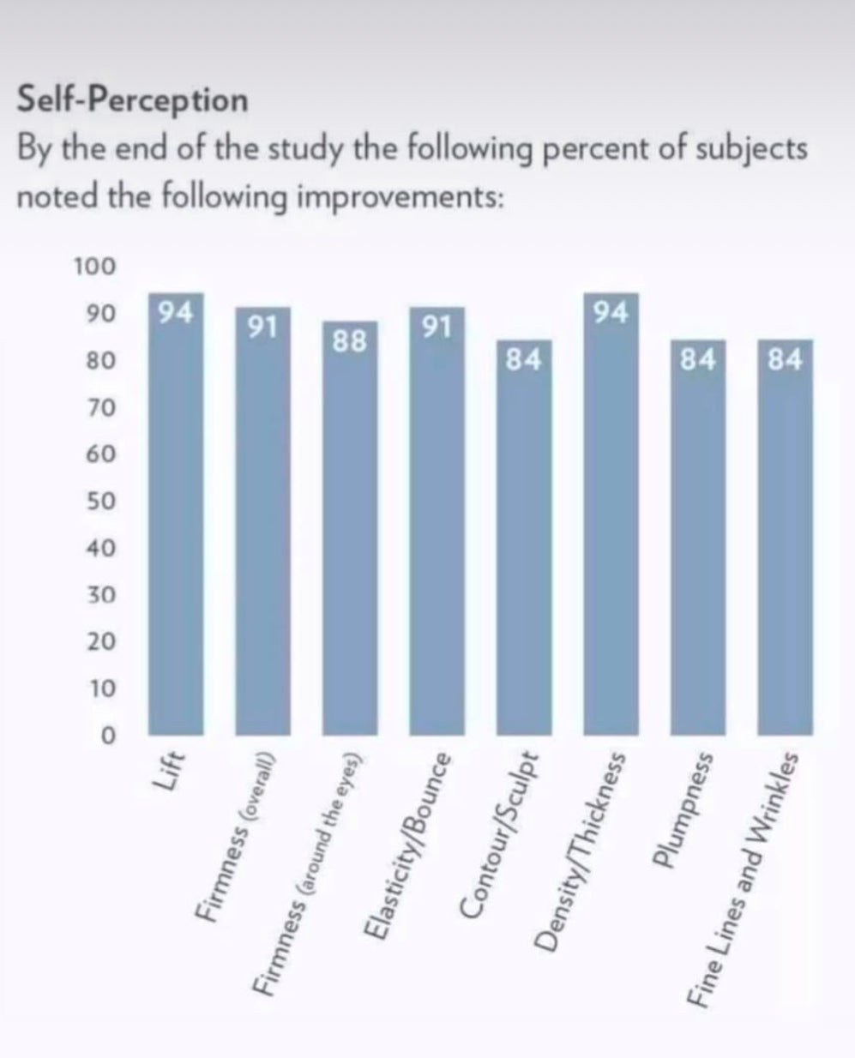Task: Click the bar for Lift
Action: click(x=176, y=514)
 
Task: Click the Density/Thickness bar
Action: click(x=611, y=514)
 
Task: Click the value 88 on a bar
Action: click(x=350, y=341)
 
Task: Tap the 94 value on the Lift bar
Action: click(x=176, y=311)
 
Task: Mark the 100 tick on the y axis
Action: click(x=94, y=267)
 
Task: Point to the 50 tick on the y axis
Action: click(x=100, y=502)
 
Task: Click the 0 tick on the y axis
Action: click(x=107, y=736)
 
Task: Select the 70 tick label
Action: click(x=100, y=408)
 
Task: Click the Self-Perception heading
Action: click(x=133, y=100)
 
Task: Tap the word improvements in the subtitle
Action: click(x=394, y=196)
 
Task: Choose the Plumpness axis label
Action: click(x=682, y=811)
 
